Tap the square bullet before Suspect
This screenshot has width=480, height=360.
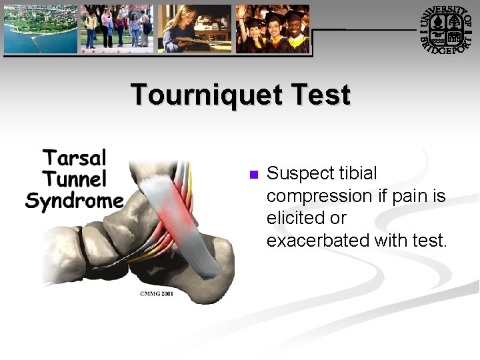(253, 175)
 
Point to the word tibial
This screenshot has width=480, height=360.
(357, 173)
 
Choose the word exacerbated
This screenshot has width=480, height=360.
(318, 240)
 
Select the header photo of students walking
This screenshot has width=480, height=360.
(117, 29)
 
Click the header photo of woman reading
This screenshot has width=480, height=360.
(194, 29)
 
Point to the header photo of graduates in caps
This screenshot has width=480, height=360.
(273, 29)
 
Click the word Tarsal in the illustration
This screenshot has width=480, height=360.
(75, 159)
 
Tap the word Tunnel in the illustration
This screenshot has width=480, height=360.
(74, 179)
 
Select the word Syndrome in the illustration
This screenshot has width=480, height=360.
(74, 201)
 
